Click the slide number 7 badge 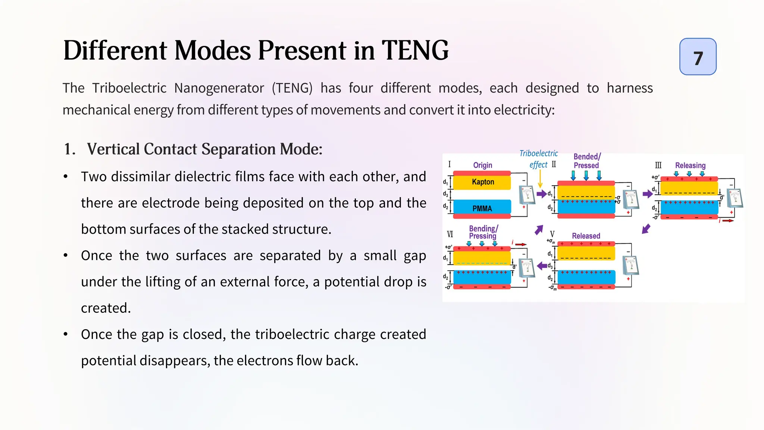pyautogui.click(x=698, y=57)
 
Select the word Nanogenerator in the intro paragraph pyautogui.click(x=219, y=88)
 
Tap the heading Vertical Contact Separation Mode pyautogui.click(x=204, y=149)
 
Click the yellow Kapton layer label pyautogui.click(x=483, y=182)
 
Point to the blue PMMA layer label pyautogui.click(x=482, y=208)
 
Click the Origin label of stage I pyautogui.click(x=482, y=165)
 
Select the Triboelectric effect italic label pyautogui.click(x=538, y=159)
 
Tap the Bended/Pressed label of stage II pyautogui.click(x=587, y=161)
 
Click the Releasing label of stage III pyautogui.click(x=690, y=165)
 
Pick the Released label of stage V pyautogui.click(x=586, y=236)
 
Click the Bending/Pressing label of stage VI pyautogui.click(x=483, y=232)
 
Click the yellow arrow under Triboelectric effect pyautogui.click(x=540, y=179)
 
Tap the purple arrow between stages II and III pyautogui.click(x=648, y=194)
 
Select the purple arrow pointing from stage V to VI pyautogui.click(x=542, y=266)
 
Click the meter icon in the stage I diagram pyautogui.click(x=527, y=194)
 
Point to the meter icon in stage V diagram pyautogui.click(x=631, y=265)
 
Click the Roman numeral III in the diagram pyautogui.click(x=658, y=165)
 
